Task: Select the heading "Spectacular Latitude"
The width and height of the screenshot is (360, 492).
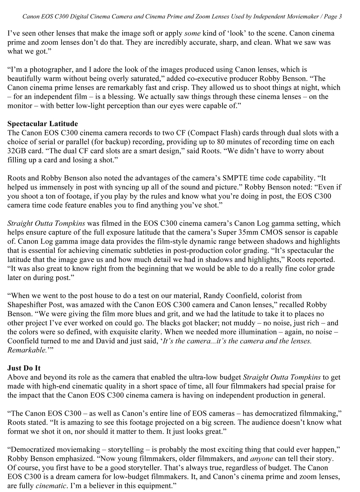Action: coord(42,124)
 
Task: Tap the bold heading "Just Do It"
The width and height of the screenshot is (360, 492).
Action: coord(24,368)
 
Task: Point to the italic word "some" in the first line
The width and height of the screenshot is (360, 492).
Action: coord(192,33)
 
